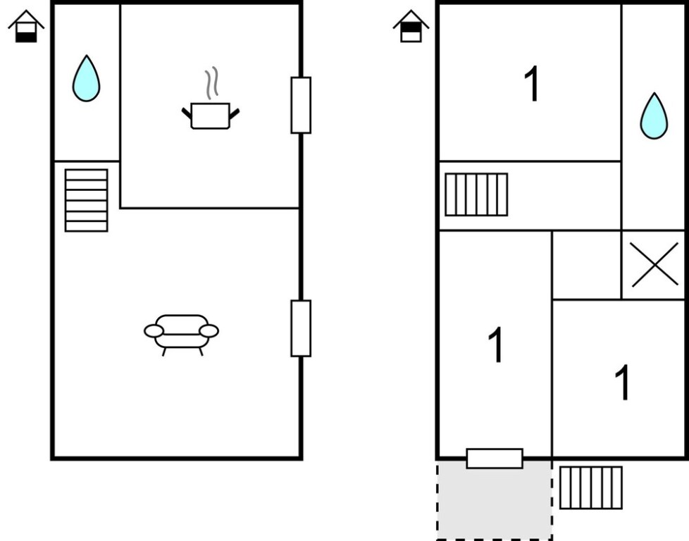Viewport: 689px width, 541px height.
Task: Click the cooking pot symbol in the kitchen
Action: point(210,116)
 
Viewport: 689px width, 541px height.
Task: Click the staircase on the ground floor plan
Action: point(86,200)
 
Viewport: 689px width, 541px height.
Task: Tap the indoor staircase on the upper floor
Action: point(476,194)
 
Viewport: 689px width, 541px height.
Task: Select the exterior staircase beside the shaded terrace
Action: point(591,487)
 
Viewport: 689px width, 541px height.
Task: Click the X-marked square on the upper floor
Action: point(654,265)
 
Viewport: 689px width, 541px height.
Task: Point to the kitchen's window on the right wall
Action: point(301,105)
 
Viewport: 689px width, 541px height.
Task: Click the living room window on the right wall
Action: point(301,328)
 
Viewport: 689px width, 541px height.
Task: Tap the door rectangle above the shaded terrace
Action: point(495,459)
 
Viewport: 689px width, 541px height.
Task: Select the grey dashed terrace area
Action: point(494,503)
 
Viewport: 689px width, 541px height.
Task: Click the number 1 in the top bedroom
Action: point(533,85)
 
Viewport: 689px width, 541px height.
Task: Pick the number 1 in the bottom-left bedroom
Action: point(496,345)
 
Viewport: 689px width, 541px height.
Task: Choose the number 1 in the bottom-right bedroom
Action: point(622,383)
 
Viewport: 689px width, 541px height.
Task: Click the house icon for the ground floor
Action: point(26,27)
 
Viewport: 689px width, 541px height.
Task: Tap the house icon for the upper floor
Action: point(411,27)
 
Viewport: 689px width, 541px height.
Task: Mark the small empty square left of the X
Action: point(586,265)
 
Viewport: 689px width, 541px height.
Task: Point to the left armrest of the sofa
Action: point(154,331)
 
